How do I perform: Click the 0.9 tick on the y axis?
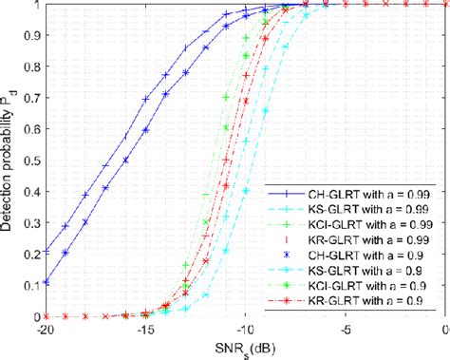tap(30, 36)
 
